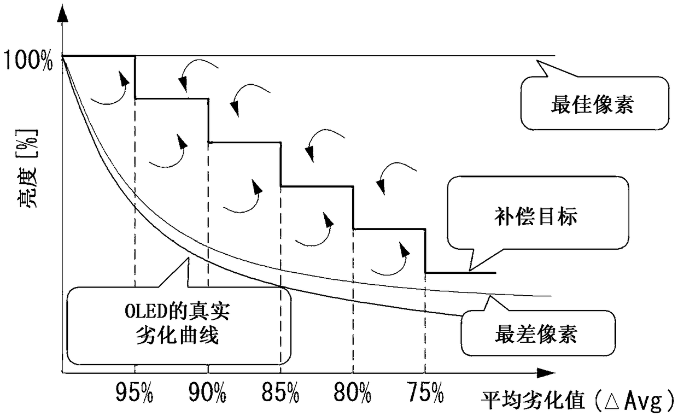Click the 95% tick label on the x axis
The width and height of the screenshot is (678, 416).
pyautogui.click(x=135, y=391)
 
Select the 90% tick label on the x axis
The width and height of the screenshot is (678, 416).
pyautogui.click(x=208, y=391)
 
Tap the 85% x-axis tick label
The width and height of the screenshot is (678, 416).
pyautogui.click(x=280, y=391)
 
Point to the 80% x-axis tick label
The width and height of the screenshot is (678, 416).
pyautogui.click(x=353, y=391)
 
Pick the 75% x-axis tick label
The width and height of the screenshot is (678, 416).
pyautogui.click(x=425, y=391)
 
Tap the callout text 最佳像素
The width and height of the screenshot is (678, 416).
pyautogui.click(x=592, y=103)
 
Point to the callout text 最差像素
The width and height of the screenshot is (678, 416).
pyautogui.click(x=536, y=333)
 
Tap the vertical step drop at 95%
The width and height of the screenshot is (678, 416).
pyautogui.click(x=135, y=77)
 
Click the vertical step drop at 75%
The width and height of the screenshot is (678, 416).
pyautogui.click(x=425, y=251)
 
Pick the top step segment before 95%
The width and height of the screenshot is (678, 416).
pyautogui.click(x=99, y=56)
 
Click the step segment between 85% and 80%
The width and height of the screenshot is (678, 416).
pyautogui.click(x=317, y=186)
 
